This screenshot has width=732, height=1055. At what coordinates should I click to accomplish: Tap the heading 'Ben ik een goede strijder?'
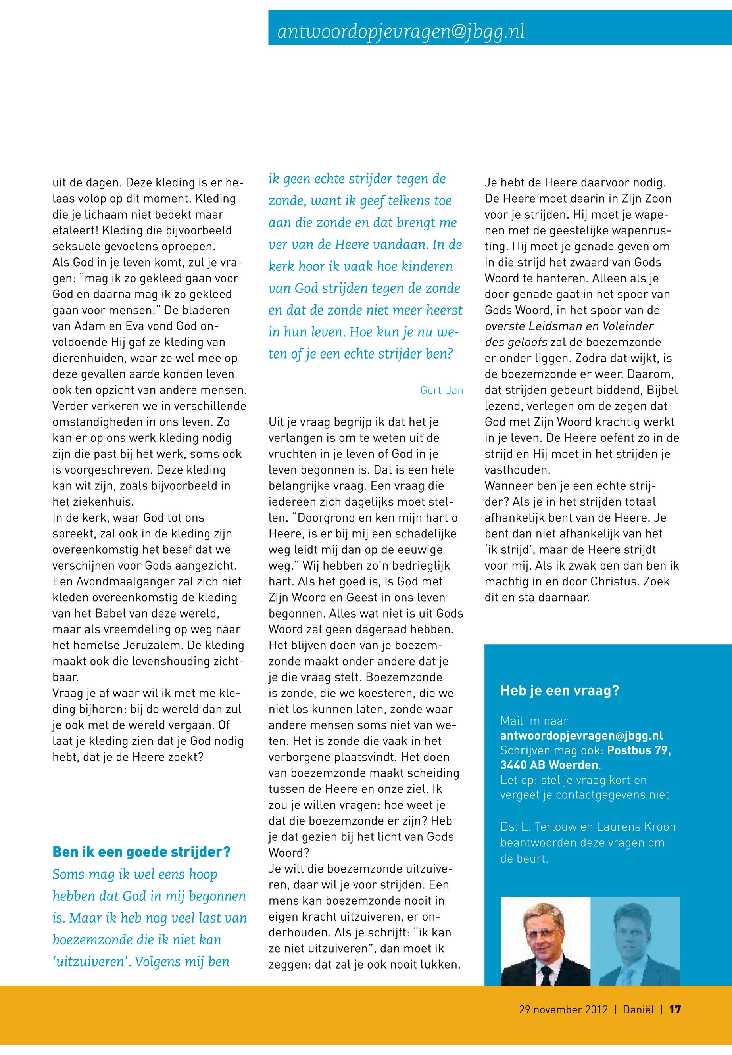pyautogui.click(x=141, y=852)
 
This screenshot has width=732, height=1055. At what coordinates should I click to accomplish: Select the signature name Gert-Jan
pyautogui.click(x=441, y=391)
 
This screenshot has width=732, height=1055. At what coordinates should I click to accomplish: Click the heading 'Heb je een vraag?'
pyautogui.click(x=559, y=691)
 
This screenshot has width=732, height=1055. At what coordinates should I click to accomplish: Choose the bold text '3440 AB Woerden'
pyautogui.click(x=549, y=765)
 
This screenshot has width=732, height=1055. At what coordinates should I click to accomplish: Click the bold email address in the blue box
pyautogui.click(x=582, y=735)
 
